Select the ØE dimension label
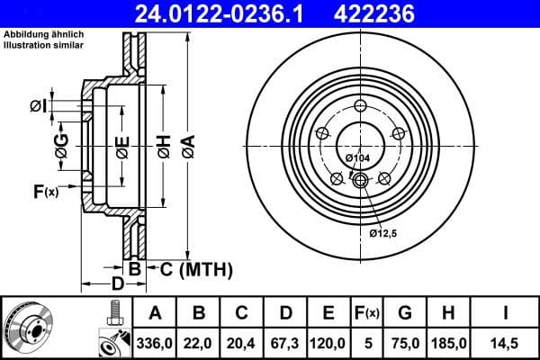121,144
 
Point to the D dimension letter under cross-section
117,285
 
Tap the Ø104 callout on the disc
358,159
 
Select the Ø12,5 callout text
384,233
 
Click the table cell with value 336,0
155,343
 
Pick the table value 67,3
285,343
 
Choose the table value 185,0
448,343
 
